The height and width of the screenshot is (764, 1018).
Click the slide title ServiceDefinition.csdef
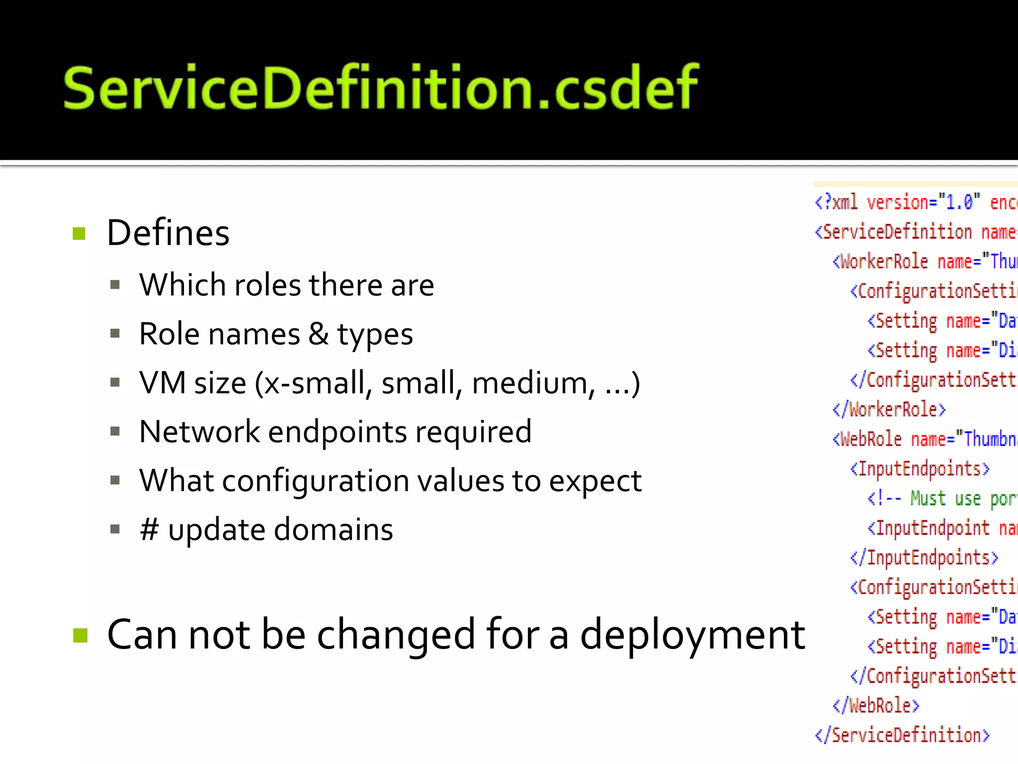(380, 88)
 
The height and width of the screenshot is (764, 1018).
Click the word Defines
(168, 233)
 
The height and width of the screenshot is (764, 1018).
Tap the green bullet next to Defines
(80, 233)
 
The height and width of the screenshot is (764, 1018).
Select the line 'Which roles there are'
(286, 285)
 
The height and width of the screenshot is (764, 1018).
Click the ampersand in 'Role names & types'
(318, 334)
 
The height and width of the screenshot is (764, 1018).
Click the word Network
(199, 431)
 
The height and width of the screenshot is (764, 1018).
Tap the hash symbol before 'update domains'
(149, 529)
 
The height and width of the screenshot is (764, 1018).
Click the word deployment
(692, 635)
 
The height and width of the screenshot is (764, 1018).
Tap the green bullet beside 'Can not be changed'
(80, 635)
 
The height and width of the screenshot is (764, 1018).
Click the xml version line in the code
(915, 202)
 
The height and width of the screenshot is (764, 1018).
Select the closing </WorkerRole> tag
(889, 410)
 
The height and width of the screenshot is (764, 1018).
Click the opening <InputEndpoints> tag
(920, 469)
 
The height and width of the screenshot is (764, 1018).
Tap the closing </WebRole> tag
(876, 706)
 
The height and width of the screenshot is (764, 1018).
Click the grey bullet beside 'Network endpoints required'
(115, 431)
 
